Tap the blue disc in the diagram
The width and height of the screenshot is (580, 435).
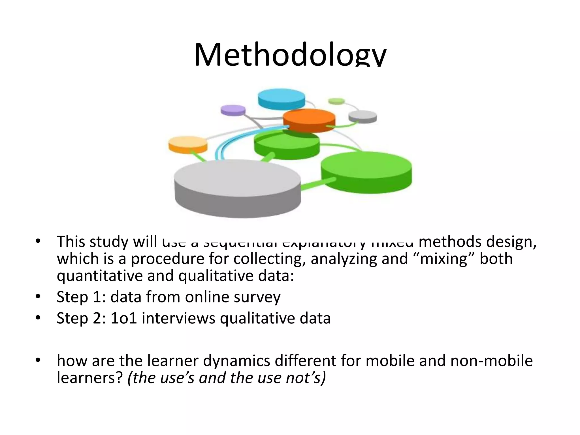[x=281, y=98]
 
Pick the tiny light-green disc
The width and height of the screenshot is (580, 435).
[x=336, y=101]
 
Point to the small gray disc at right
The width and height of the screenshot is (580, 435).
[x=362, y=116]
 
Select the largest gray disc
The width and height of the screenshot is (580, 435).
[x=237, y=187]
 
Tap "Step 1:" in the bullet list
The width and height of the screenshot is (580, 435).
[x=81, y=297]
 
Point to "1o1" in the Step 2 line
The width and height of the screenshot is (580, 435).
[x=124, y=318]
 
